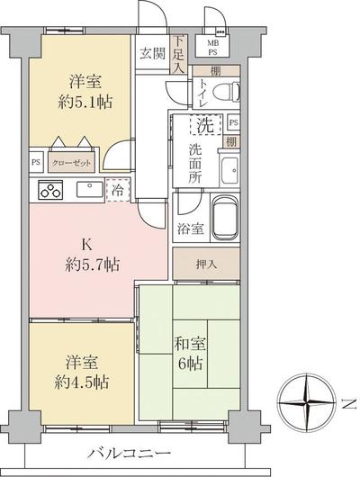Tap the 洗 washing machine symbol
coord(205,124)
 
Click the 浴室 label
coord(188,229)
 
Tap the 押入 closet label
coord(205,265)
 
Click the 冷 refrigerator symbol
coord(114,190)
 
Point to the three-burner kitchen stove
coord(49,191)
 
